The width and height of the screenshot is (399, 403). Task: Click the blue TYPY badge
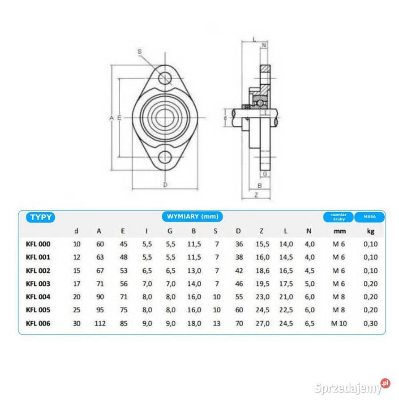[40, 217]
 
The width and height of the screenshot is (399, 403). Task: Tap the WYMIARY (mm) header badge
[192, 216]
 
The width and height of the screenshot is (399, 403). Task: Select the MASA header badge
[369, 217]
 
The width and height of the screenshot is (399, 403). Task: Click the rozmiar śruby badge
[339, 217]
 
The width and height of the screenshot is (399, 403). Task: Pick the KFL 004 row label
[38, 297]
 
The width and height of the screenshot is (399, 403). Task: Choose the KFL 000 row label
[38, 244]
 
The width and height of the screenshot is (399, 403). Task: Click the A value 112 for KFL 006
[100, 323]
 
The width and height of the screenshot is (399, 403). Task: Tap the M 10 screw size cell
[339, 323]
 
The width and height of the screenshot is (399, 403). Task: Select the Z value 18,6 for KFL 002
[262, 270]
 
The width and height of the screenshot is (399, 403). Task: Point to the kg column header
[370, 232]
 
